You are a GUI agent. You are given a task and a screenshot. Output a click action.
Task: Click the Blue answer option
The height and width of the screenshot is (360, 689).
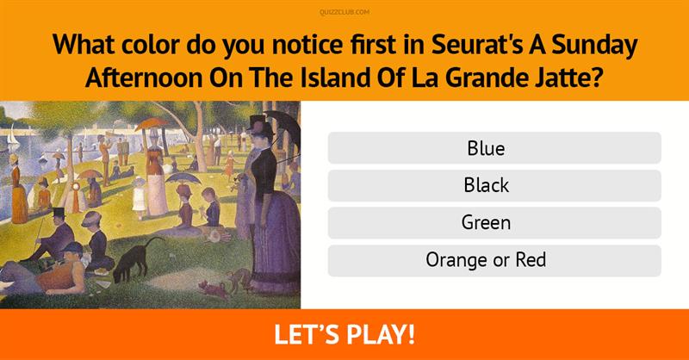pyautogui.click(x=494, y=148)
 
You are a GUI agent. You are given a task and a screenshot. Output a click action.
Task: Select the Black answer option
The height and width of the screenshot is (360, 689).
pyautogui.click(x=494, y=185)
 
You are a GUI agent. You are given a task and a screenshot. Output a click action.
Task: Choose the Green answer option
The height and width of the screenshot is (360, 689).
pyautogui.click(x=494, y=223)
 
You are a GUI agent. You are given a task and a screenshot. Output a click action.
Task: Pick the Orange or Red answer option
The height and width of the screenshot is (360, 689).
pyautogui.click(x=494, y=260)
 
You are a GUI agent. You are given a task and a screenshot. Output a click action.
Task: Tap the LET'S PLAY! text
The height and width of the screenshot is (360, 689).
pyautogui.click(x=344, y=334)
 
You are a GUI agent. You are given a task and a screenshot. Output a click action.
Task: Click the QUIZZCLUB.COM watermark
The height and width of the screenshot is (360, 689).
pyautogui.click(x=344, y=12)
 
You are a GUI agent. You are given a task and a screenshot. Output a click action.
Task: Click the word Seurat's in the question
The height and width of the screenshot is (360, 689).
pyautogui.click(x=477, y=46)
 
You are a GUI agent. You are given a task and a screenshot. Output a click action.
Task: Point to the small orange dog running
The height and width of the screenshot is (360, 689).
pyautogui.click(x=214, y=289)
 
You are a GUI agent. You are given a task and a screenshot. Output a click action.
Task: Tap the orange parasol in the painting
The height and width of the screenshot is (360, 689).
pyautogui.click(x=151, y=124)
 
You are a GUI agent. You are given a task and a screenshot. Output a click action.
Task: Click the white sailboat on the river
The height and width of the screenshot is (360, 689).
pyautogui.click(x=13, y=137)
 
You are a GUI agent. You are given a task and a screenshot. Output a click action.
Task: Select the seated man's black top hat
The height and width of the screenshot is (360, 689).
pyautogui.click(x=59, y=214)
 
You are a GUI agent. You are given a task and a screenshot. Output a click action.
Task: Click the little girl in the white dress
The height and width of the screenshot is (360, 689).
pyautogui.click(x=139, y=198)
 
